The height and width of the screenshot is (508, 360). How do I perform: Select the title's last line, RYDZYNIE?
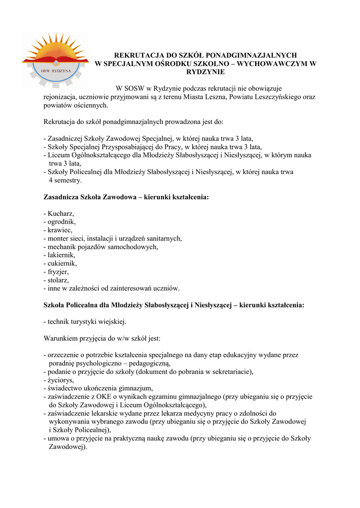coord(205,72)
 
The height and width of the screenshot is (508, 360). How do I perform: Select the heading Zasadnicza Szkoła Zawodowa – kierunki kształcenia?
coord(126,197)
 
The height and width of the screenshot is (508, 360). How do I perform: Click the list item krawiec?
coord(60,230)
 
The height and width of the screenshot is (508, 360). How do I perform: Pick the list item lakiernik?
coord(61,255)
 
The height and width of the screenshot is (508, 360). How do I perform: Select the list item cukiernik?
coord(62,263)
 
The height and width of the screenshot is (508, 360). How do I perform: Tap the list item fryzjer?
coord(58,272)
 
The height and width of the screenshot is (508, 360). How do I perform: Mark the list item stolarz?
coord(59,280)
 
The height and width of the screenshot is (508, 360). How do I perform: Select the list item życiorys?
coord(60,380)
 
